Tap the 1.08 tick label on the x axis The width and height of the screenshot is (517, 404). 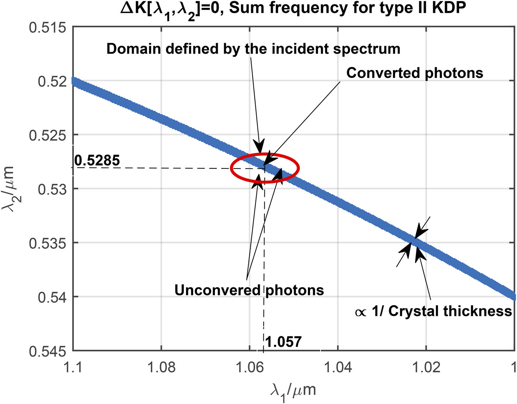161,368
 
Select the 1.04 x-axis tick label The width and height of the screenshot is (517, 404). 338,368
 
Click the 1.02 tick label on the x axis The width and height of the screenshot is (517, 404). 426,368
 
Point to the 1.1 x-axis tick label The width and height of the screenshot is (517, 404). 73,368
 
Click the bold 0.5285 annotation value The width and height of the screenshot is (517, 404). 97,161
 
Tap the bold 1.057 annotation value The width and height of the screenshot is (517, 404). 284,342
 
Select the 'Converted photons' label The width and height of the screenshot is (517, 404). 415,73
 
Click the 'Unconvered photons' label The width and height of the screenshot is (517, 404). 249,290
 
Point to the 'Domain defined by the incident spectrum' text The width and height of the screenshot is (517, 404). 253,49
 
